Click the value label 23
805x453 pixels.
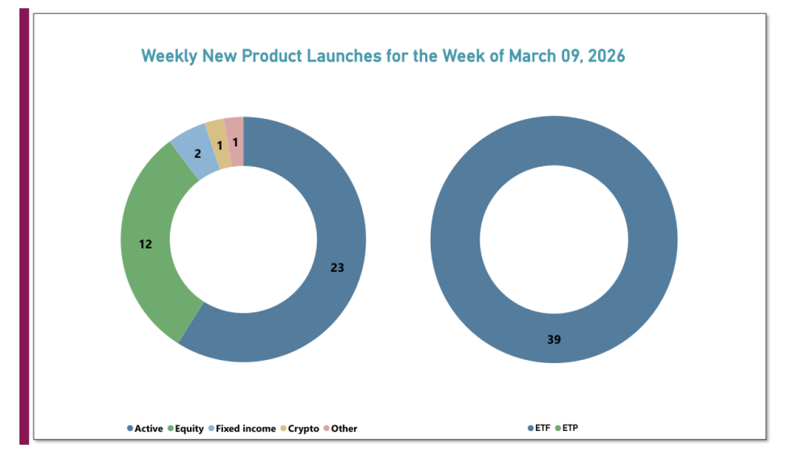pyautogui.click(x=337, y=267)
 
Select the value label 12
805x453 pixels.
pyautogui.click(x=145, y=243)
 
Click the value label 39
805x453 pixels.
pyautogui.click(x=553, y=340)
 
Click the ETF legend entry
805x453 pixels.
pyautogui.click(x=541, y=428)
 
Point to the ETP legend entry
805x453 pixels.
pyautogui.click(x=569, y=428)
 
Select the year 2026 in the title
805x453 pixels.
pyautogui.click(x=603, y=56)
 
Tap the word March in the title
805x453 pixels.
pyautogui.click(x=531, y=56)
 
